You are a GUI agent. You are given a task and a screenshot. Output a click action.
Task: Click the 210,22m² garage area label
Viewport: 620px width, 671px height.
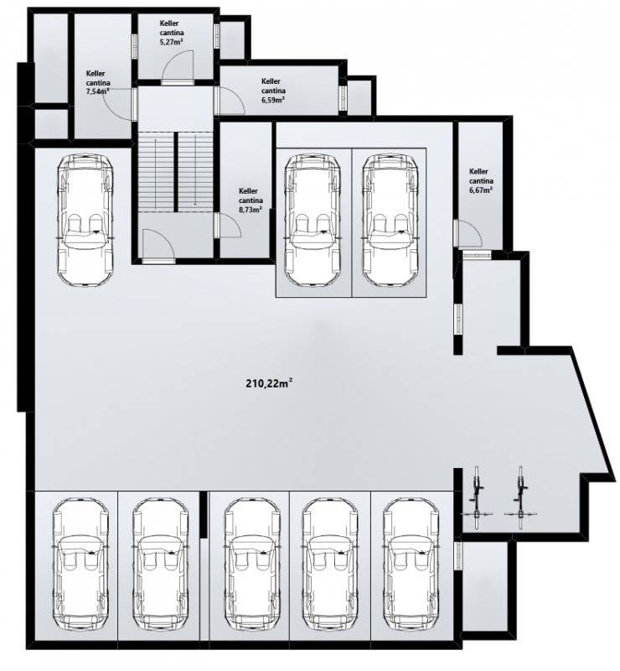click(x=269, y=383)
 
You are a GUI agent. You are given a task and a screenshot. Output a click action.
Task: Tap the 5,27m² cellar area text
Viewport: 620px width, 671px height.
click(x=172, y=43)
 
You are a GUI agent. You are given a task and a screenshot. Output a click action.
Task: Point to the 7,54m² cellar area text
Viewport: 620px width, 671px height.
click(x=97, y=92)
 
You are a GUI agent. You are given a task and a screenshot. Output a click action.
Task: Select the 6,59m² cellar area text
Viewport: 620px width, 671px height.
click(x=274, y=100)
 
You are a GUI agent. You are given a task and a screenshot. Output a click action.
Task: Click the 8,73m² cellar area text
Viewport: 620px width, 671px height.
click(x=251, y=210)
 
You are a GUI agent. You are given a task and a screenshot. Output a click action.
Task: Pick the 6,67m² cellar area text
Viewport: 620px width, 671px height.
click(x=481, y=190)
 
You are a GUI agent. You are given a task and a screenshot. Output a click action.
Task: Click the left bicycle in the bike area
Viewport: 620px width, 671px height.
click(x=478, y=497)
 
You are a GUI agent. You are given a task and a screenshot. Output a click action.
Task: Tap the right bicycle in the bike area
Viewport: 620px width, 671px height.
click(x=520, y=497)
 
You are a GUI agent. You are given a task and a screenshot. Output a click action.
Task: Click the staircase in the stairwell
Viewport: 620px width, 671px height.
click(x=175, y=172)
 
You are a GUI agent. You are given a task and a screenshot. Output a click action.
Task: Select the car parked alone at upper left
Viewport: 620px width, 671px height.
click(x=85, y=220)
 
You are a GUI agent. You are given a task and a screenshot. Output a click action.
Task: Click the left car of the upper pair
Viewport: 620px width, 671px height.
click(x=313, y=220)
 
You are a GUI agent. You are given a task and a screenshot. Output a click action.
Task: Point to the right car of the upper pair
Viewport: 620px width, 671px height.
click(x=390, y=220)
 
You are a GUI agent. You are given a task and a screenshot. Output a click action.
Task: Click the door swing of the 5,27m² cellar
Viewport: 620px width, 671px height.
click(x=178, y=65)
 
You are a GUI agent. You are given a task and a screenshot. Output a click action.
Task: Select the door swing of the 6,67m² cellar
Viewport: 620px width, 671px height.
click(x=470, y=234)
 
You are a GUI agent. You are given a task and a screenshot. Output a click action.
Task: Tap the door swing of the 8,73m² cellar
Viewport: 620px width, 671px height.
click(x=230, y=225)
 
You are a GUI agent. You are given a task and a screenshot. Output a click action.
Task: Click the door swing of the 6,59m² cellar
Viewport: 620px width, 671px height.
click(x=231, y=101)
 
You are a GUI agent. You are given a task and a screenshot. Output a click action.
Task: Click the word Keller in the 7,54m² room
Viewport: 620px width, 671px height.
click(x=96, y=74)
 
